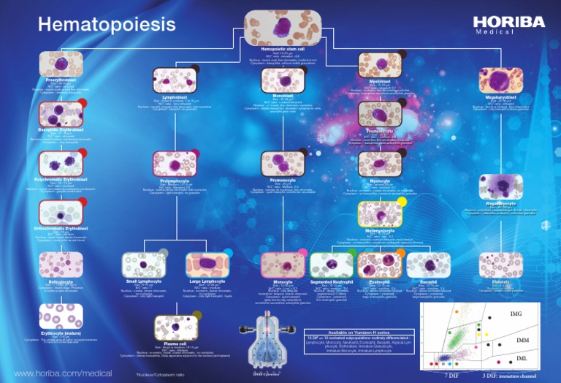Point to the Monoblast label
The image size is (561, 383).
click(282, 96)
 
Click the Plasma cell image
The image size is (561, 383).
click(175, 327)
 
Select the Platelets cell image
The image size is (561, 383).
click(500, 265)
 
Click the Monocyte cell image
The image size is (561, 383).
click(282, 265)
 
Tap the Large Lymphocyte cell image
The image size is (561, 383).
click(208, 265)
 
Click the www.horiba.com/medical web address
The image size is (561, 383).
click(63, 373)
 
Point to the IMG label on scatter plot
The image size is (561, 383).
click(516, 314)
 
